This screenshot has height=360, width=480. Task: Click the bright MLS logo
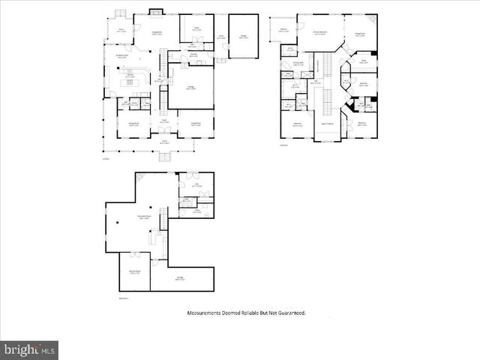point(29,349)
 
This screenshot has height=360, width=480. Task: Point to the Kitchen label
point(130,75)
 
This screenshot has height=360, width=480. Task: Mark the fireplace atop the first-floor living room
point(155,11)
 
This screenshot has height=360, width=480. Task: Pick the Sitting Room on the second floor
point(360,33)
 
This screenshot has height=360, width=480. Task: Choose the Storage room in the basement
point(180,279)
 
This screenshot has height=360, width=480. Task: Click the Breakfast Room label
point(121,56)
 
